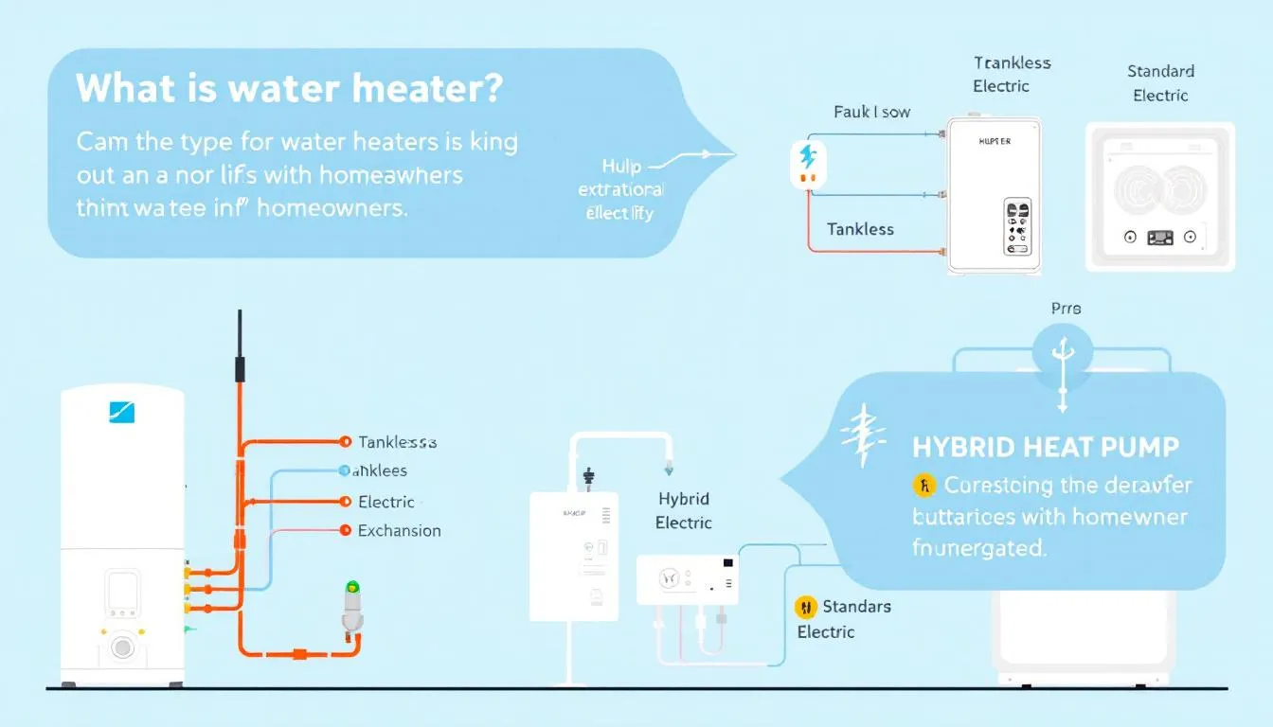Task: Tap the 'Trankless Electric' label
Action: click(x=1012, y=74)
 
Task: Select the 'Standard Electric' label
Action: click(x=1160, y=83)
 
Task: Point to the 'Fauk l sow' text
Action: click(x=871, y=112)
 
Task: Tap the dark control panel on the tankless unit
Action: click(x=1017, y=227)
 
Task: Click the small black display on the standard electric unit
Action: click(x=1160, y=239)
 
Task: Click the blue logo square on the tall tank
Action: click(x=122, y=412)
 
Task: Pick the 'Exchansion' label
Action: click(x=399, y=531)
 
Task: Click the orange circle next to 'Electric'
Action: click(x=345, y=502)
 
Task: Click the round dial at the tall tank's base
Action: click(x=122, y=647)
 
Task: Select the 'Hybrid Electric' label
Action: click(x=683, y=510)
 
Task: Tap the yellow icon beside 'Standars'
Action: click(x=806, y=607)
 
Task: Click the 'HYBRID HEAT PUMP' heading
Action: click(x=1046, y=447)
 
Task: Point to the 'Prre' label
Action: click(x=1066, y=309)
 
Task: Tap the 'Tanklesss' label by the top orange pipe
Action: click(x=398, y=442)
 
